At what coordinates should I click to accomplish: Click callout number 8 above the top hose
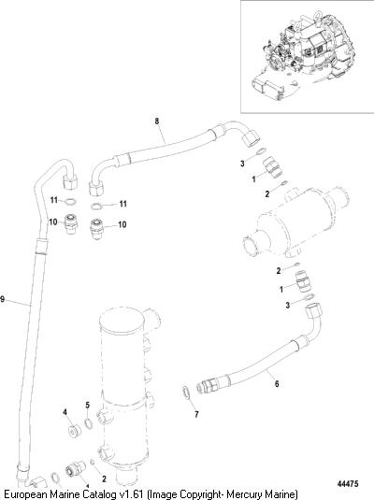coord(157,121)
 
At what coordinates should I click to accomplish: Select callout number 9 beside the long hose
coord(2,299)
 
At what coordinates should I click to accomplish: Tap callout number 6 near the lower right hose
coord(277,383)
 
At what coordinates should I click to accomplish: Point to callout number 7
coord(196,414)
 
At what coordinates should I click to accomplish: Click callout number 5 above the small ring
coord(88,406)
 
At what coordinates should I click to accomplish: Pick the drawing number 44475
coord(348,483)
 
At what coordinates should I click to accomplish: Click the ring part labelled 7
coord(186,393)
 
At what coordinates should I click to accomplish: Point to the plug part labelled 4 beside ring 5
coord(75,431)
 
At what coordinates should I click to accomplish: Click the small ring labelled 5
coord(89,423)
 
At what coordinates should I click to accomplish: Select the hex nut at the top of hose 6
coord(312,311)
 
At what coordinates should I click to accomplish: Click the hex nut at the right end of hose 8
coord(251,137)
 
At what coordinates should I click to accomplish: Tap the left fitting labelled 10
coord(70,224)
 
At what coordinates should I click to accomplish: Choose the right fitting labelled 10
coord(96,228)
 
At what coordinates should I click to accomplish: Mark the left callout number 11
coord(54,200)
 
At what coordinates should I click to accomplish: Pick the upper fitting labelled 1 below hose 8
coord(272,166)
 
